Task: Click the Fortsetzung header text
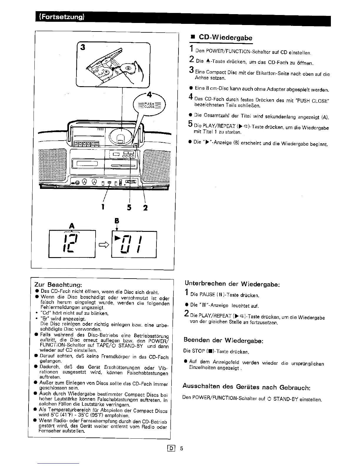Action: tap(62, 16)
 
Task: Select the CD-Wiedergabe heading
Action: tap(225, 38)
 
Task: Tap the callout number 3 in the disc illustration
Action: tap(83, 47)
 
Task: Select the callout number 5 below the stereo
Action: tap(129, 208)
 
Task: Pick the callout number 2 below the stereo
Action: tap(145, 208)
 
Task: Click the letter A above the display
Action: tap(71, 226)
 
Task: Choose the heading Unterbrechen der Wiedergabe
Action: tap(232, 284)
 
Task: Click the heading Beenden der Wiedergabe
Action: tap(224, 340)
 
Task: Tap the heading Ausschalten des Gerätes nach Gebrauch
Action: tap(246, 386)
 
